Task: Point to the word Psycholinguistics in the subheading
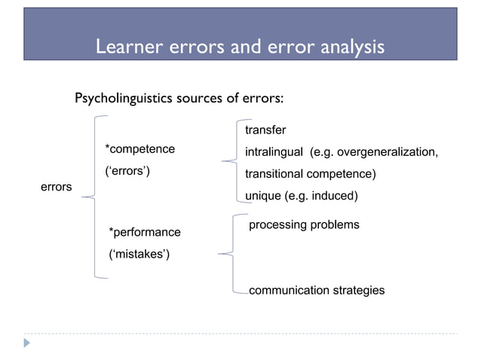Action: tap(123, 99)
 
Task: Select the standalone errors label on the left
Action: tap(56, 186)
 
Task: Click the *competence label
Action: tap(139, 149)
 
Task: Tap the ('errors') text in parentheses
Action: tap(127, 173)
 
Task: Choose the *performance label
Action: tap(145, 232)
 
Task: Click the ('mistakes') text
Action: tap(139, 255)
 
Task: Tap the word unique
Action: tap(262, 197)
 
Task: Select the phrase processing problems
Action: tap(304, 225)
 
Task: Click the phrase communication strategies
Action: tap(317, 290)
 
